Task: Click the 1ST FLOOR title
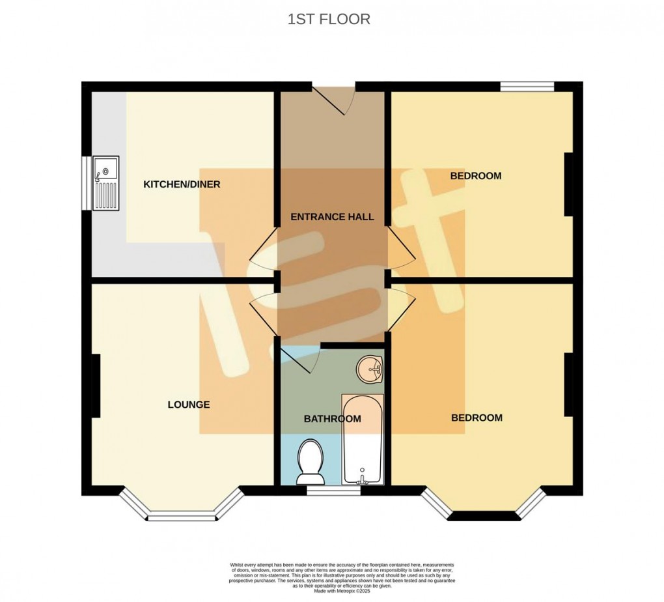[x=329, y=20]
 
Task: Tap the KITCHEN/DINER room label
[x=182, y=184]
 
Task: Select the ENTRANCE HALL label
[x=332, y=217]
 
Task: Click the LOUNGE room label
[x=189, y=405]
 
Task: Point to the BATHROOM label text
[x=332, y=419]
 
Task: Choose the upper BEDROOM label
[x=476, y=176]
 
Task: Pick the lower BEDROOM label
[x=477, y=418]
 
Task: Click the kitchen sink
[x=105, y=183]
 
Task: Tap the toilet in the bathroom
[x=310, y=461]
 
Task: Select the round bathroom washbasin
[x=370, y=370]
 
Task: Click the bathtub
[x=363, y=440]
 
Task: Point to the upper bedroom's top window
[x=527, y=86]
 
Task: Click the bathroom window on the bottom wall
[x=333, y=490]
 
